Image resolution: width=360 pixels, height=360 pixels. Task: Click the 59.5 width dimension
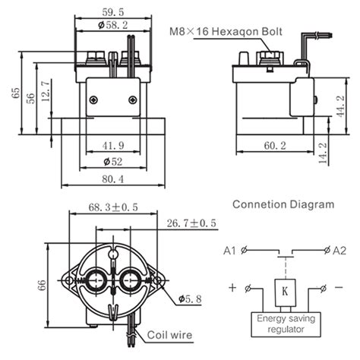pos(112,11)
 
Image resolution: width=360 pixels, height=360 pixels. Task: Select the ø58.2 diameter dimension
pos(112,25)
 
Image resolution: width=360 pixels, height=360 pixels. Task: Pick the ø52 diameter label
pos(112,161)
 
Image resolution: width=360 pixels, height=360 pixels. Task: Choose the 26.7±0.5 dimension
pos(191,223)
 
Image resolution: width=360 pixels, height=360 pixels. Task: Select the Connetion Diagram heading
pos(283,204)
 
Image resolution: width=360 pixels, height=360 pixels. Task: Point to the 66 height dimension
pos(43,284)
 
